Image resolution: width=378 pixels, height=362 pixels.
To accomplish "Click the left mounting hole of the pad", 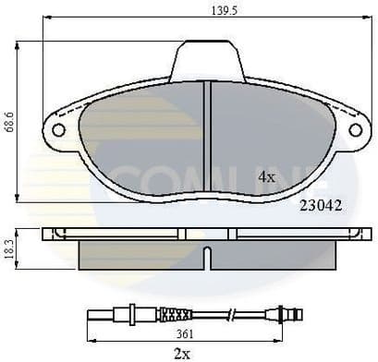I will (x=58, y=130).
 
